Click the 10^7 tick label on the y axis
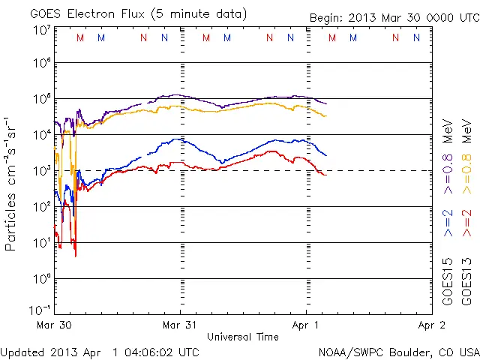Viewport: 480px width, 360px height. click(x=41, y=29)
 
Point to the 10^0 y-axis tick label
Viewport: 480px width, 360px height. click(x=41, y=279)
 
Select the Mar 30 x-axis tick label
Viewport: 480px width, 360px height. click(x=54, y=325)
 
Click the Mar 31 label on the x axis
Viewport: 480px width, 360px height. click(x=180, y=325)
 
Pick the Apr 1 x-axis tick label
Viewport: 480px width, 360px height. click(x=305, y=325)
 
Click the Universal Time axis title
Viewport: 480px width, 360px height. click(x=243, y=337)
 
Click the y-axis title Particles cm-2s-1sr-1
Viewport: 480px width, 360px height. click(x=13, y=183)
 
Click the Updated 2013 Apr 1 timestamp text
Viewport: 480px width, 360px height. click(x=100, y=352)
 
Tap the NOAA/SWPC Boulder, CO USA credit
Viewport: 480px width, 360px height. click(x=397, y=352)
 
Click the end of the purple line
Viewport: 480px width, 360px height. click(x=326, y=103)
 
